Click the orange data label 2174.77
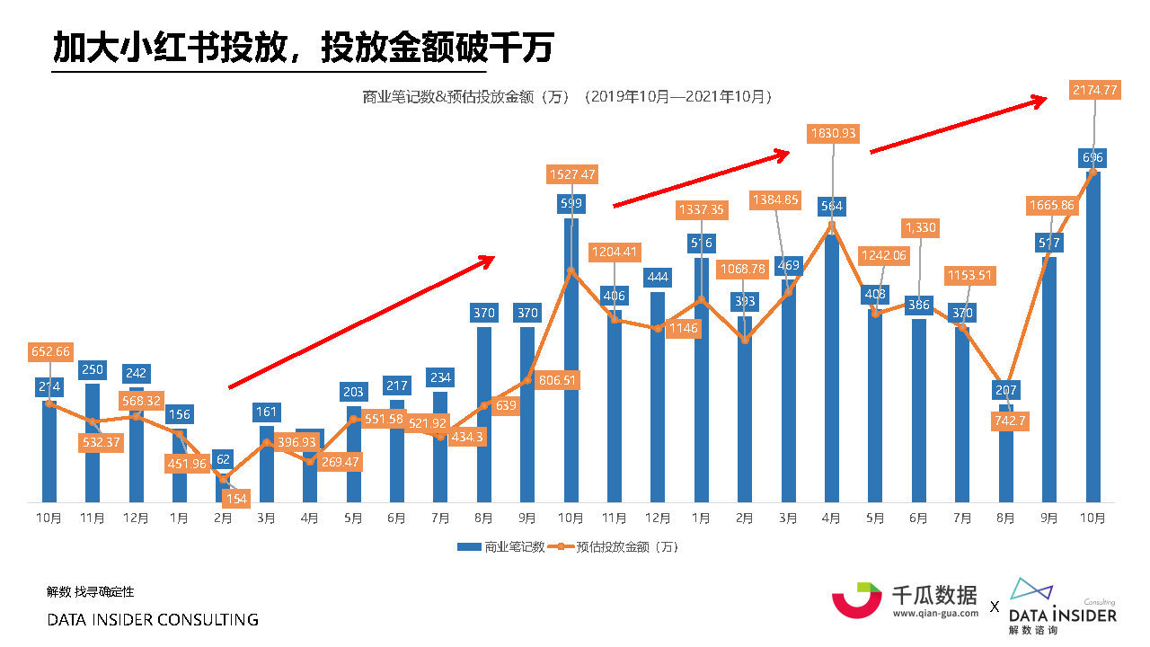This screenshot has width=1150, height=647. point(1094,90)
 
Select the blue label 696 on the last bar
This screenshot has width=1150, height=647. point(1093,158)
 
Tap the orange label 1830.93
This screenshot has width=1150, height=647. point(833,134)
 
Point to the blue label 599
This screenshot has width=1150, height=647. point(571,203)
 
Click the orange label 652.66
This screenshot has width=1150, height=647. point(50,351)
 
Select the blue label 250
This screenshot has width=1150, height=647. point(93,369)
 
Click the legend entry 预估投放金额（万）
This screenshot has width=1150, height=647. point(620,546)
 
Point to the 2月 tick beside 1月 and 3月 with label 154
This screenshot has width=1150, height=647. point(223,518)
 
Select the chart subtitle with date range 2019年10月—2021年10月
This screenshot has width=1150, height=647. point(567,96)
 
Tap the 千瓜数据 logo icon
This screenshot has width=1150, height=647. point(856,599)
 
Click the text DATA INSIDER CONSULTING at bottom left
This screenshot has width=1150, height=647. point(153,620)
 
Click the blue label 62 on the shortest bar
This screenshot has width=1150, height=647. point(223,459)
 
